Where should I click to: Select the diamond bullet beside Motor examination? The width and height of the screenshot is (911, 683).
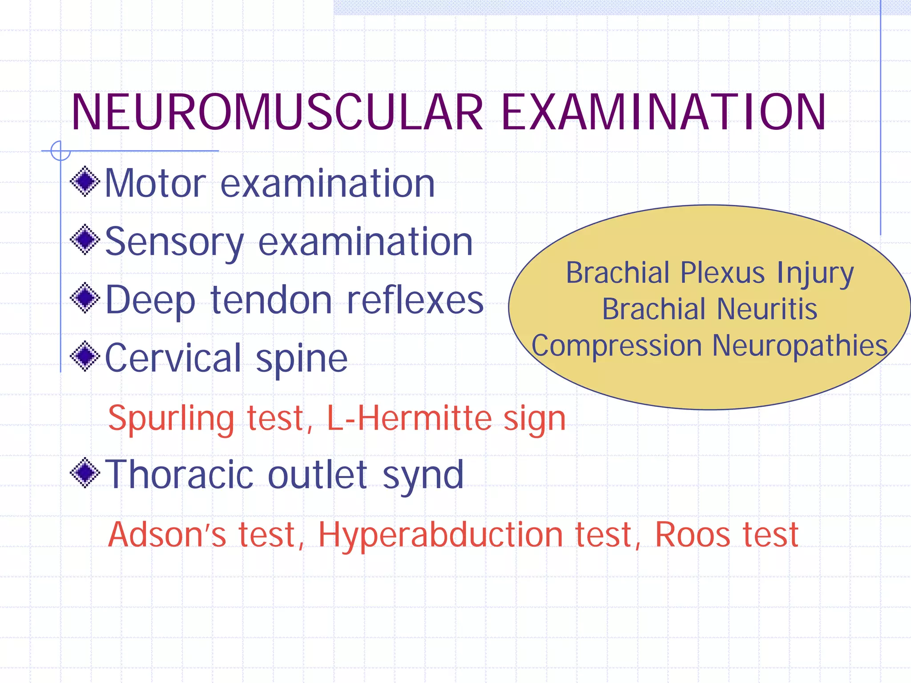point(85,181)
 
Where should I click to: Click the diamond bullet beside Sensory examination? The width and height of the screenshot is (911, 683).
point(85,240)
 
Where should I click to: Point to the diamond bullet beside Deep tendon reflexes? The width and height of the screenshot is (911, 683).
point(85,298)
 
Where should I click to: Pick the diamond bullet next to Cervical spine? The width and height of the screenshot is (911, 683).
point(85,356)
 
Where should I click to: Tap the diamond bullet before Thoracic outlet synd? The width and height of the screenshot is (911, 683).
point(85,473)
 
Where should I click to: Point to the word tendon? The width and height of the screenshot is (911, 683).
point(271,300)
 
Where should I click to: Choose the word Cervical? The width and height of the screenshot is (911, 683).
point(173,358)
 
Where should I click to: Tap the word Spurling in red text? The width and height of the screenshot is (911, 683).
point(171,419)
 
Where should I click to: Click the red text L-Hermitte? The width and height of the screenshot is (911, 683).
point(409,418)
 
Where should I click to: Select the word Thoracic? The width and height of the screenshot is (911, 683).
point(180,474)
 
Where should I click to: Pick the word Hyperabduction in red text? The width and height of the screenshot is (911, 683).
point(441,535)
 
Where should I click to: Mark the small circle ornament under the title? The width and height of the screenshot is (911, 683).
point(60,151)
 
